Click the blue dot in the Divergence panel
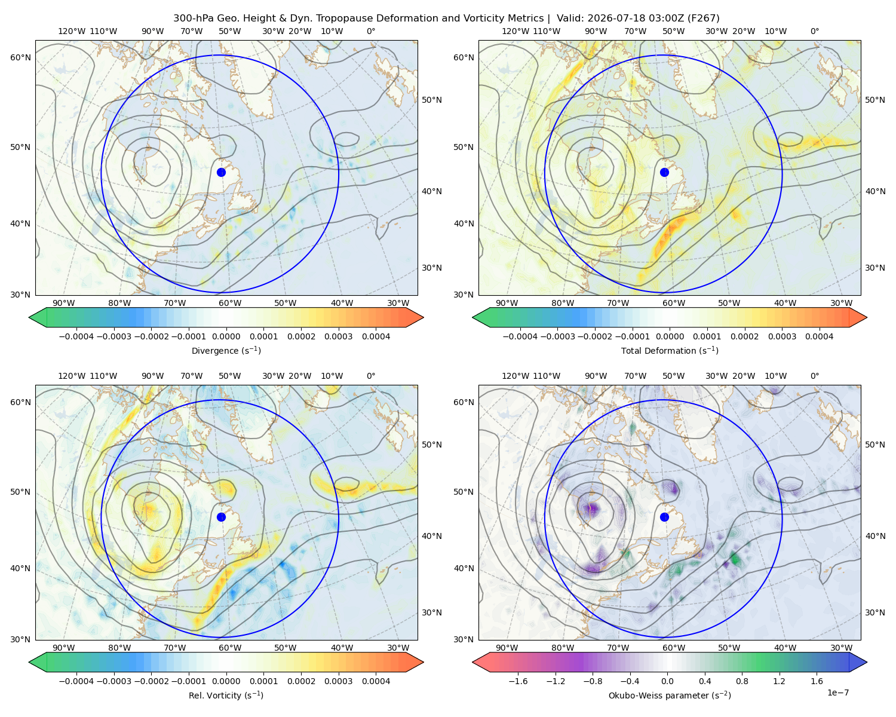click(x=221, y=172)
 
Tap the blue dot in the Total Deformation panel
click(x=664, y=172)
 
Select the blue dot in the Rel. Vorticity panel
click(x=221, y=517)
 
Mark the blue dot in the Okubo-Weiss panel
click(x=664, y=517)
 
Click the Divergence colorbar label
click(x=226, y=350)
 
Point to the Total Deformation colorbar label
click(x=670, y=350)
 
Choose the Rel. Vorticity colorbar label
click(x=226, y=695)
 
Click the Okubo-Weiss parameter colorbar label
click(x=670, y=695)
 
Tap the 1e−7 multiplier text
click(x=837, y=693)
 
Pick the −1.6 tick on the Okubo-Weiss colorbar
click(x=518, y=681)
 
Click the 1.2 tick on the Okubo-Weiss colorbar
click(x=779, y=681)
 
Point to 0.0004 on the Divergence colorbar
click(x=376, y=336)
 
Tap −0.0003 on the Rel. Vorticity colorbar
click(x=113, y=681)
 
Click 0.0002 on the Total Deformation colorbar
click(x=744, y=336)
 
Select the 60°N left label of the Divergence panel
click(x=20, y=57)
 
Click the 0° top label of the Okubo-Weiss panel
click(x=814, y=376)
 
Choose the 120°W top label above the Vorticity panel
click(x=72, y=376)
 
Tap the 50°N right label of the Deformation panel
click(x=875, y=100)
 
